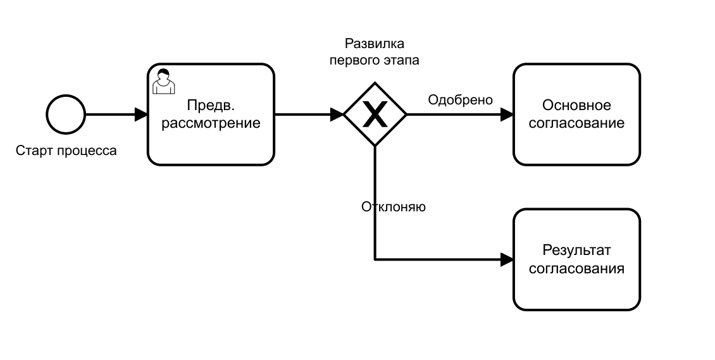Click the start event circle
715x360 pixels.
pyautogui.click(x=66, y=115)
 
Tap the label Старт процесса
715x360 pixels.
pyautogui.click(x=66, y=152)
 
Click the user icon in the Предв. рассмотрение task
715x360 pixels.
pyautogui.click(x=164, y=82)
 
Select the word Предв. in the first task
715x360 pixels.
pyautogui.click(x=211, y=106)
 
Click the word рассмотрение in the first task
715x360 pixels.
pyautogui.click(x=211, y=123)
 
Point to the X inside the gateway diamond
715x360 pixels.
pyautogui.click(x=375, y=115)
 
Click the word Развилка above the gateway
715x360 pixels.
pyautogui.click(x=375, y=44)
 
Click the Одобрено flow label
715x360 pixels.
pyautogui.click(x=460, y=100)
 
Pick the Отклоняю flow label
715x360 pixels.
pyautogui.click(x=393, y=207)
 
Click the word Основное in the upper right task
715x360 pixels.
pyautogui.click(x=576, y=106)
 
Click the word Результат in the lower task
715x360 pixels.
pyautogui.click(x=576, y=251)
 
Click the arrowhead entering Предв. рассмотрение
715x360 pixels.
pyautogui.click(x=141, y=115)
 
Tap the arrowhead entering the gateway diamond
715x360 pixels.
pyautogui.click(x=337, y=115)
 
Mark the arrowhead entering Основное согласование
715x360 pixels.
pyautogui.click(x=507, y=115)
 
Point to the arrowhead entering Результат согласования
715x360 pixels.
pyautogui.click(x=507, y=259)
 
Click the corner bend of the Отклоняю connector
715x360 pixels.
pyautogui.click(x=375, y=259)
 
